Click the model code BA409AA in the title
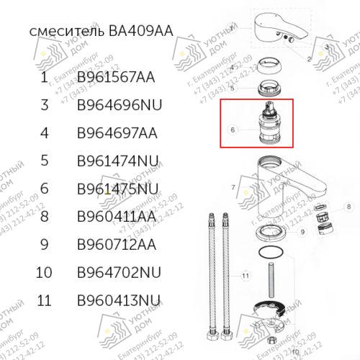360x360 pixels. [x=141, y=32]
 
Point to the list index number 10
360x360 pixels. [x=45, y=272]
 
